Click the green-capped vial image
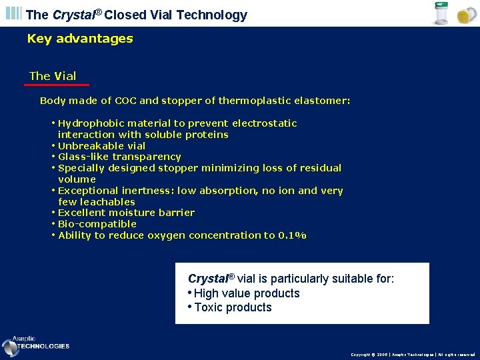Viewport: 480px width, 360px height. [441, 14]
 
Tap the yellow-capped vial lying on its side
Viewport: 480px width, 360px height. [464, 16]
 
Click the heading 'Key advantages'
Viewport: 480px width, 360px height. [80, 39]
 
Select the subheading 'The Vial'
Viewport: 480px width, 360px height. [53, 76]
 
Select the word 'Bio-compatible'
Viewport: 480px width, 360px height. [97, 224]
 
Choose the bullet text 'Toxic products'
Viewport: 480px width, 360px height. [233, 307]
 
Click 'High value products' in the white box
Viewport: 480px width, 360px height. [247, 293]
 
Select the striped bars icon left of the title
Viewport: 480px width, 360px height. [14, 14]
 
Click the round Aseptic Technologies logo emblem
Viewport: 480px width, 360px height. [10, 347]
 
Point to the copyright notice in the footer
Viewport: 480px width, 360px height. [413, 355]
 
